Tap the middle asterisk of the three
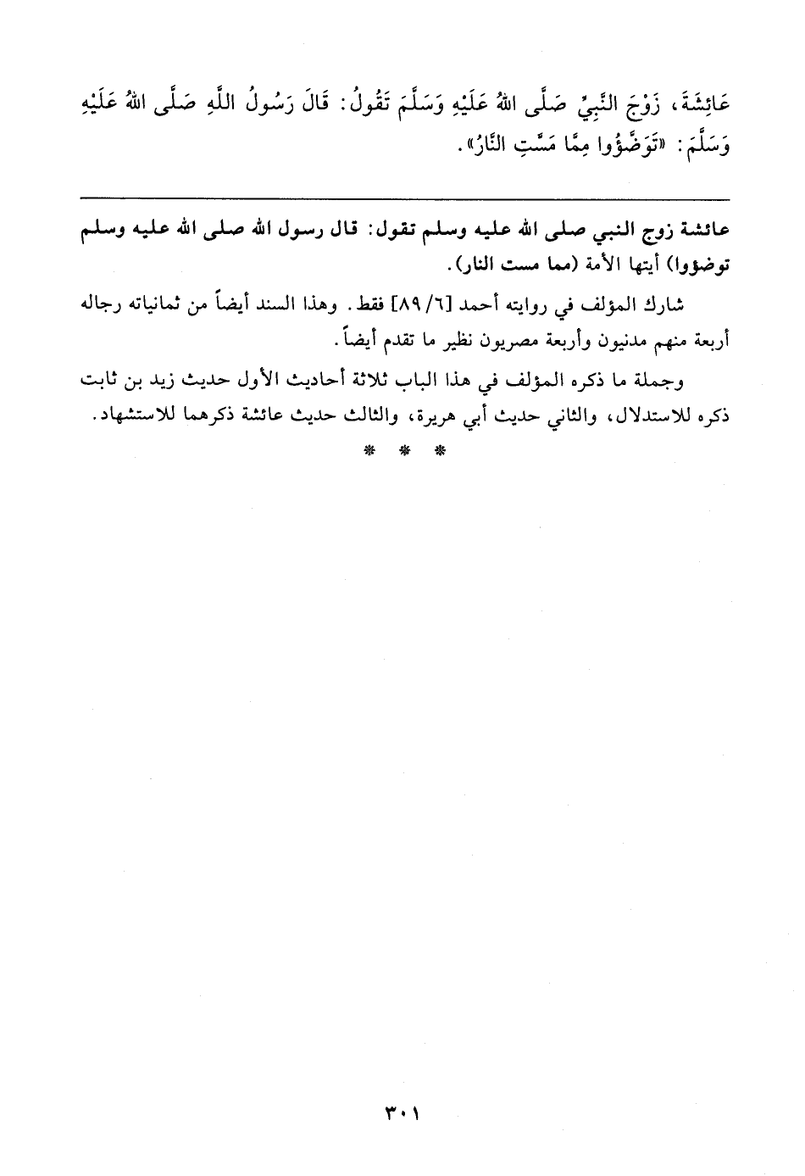tap(403, 450)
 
